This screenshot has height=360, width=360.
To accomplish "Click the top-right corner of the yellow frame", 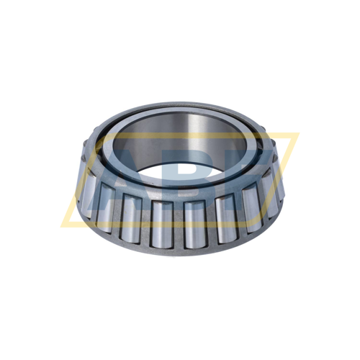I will click(297, 134).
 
